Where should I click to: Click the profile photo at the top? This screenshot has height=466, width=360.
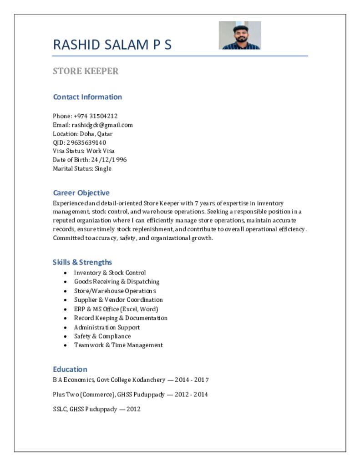(x=240, y=35)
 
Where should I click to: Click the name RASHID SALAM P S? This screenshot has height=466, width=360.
(x=112, y=45)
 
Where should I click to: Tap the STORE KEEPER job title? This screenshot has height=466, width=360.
(x=86, y=71)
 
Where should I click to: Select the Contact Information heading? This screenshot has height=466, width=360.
(x=87, y=97)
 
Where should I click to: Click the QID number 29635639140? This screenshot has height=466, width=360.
(x=89, y=142)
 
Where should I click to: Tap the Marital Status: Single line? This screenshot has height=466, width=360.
(x=82, y=168)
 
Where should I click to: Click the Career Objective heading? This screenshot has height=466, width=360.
(x=81, y=193)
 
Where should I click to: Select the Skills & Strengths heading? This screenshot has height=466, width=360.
(x=82, y=262)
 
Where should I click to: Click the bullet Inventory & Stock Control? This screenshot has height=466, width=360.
(x=110, y=273)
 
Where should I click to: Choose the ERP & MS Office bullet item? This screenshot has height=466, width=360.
(x=109, y=309)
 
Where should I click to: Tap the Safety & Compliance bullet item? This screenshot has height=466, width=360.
(x=102, y=336)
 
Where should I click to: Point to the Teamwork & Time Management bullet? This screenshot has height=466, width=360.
(x=118, y=345)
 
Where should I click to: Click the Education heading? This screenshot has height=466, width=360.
(x=70, y=369)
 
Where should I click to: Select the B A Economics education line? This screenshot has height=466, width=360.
(x=131, y=380)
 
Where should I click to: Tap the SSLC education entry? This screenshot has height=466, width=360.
(x=96, y=409)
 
